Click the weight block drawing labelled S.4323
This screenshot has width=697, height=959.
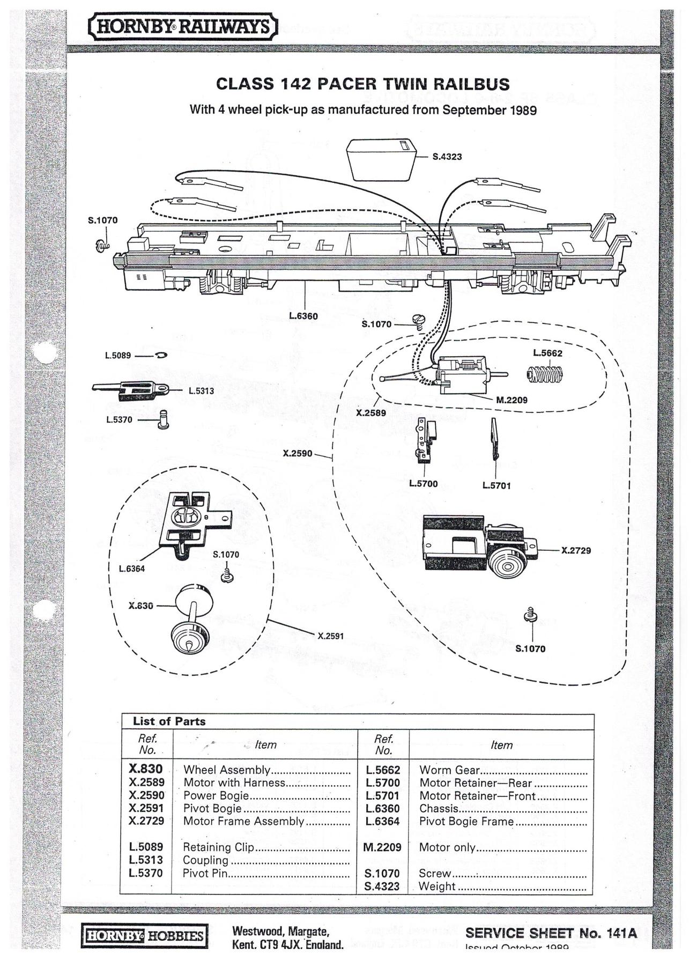[x=382, y=159]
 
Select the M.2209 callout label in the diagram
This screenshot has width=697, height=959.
[x=511, y=400]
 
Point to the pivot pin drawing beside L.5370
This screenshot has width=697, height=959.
[x=164, y=419]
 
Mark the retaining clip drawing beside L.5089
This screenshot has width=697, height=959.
[x=162, y=355]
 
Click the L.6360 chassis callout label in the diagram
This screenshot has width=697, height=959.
[x=303, y=316]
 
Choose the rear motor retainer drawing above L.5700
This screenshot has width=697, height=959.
[x=426, y=440]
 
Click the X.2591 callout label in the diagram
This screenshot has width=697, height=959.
[x=330, y=636]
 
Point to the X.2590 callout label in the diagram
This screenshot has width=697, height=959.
[x=298, y=453]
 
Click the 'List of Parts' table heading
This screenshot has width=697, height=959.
[x=169, y=721]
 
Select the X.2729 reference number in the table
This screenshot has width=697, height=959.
[x=146, y=821]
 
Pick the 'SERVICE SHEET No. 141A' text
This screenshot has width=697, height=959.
[x=551, y=933]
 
